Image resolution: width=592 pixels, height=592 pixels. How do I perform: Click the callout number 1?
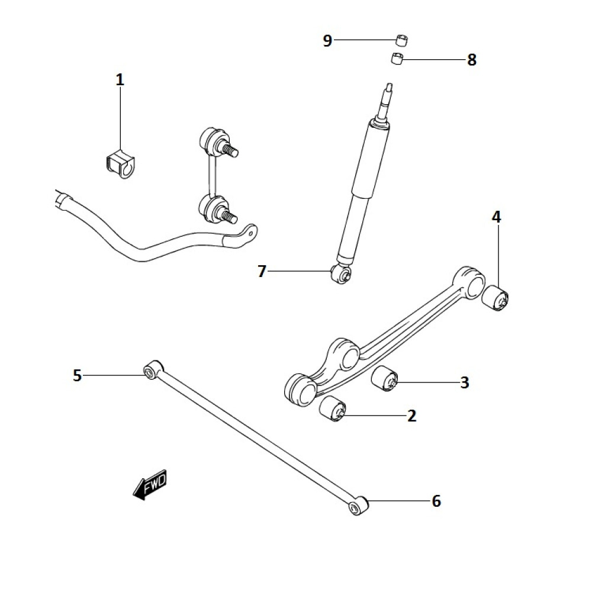pos(120,79)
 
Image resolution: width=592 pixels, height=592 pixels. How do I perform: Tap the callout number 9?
pos(327,40)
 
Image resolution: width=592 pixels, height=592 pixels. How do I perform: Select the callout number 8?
pos(472,60)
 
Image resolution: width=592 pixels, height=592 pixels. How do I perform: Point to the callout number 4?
pos(496,217)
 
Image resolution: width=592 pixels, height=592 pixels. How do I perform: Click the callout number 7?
pos(262,272)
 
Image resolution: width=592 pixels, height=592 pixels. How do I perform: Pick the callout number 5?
pos(77,375)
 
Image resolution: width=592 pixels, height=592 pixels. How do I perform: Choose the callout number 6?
pos(436,501)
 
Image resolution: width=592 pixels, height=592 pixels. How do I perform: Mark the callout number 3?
pos(465,382)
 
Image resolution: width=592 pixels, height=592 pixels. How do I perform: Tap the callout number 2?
pos(412,416)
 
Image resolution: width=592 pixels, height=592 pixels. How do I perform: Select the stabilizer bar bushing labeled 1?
pos(117,164)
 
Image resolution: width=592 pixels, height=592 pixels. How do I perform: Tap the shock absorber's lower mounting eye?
pos(342,273)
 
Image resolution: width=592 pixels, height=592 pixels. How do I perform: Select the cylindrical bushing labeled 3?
pos(385,379)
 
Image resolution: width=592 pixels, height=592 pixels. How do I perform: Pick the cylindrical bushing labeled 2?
pos(333,410)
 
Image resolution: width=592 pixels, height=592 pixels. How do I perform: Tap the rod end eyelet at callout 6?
pos(356,506)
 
